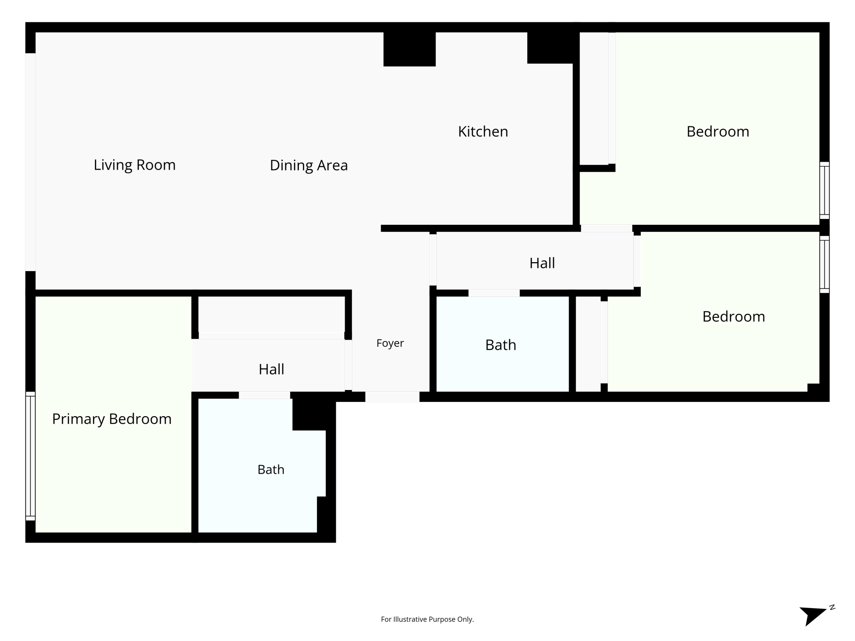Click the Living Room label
pyautogui.click(x=134, y=165)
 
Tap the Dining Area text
pyautogui.click(x=309, y=166)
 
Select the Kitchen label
pyautogui.click(x=483, y=132)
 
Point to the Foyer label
pyautogui.click(x=390, y=343)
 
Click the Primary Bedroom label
pyautogui.click(x=112, y=419)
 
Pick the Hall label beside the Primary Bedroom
pyautogui.click(x=272, y=369)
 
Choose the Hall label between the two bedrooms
pyautogui.click(x=542, y=264)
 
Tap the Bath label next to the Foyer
pyautogui.click(x=501, y=345)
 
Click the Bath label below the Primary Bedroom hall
pyautogui.click(x=271, y=470)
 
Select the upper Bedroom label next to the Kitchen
pyautogui.click(x=718, y=132)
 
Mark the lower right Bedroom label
pyautogui.click(x=734, y=317)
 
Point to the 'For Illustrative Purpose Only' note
pyautogui.click(x=427, y=619)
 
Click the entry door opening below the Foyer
pyautogui.click(x=392, y=397)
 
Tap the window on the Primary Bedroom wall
pyautogui.click(x=30, y=456)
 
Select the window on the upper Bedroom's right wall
pyautogui.click(x=825, y=190)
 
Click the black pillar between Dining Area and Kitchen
pyautogui.click(x=410, y=49)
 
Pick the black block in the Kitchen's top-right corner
pyautogui.click(x=550, y=48)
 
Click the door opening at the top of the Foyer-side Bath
pyautogui.click(x=494, y=293)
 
